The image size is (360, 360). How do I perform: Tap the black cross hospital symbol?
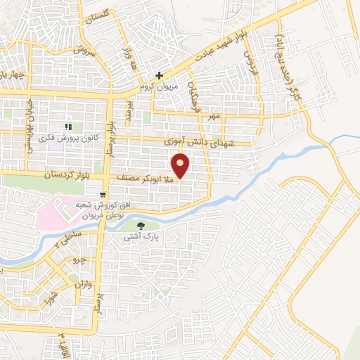coord(160,75)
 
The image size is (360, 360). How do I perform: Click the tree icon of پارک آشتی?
coord(141,226)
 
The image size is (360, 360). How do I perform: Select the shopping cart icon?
coord(103,195)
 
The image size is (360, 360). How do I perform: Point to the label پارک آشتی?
coord(141,238)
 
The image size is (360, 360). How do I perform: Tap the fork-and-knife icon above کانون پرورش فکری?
coord(68,127)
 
